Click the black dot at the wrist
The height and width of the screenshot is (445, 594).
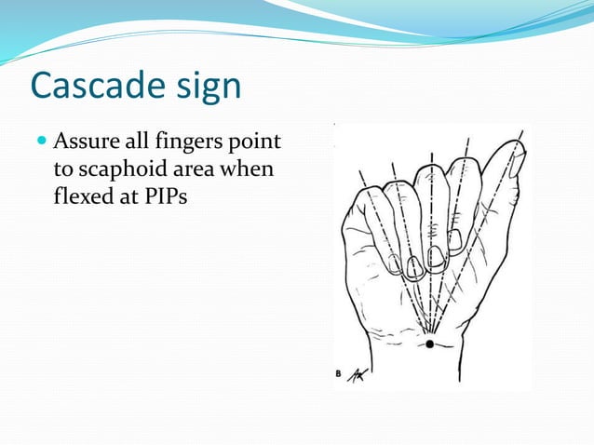[x=429, y=344]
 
